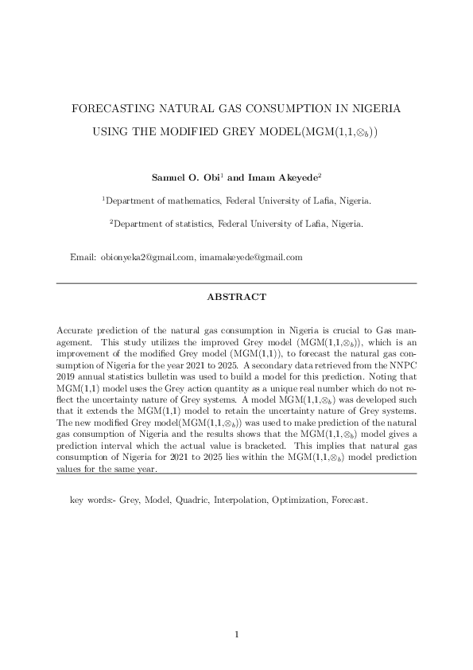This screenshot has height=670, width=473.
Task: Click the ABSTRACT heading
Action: (236, 297)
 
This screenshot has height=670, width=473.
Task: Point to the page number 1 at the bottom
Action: (236, 634)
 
